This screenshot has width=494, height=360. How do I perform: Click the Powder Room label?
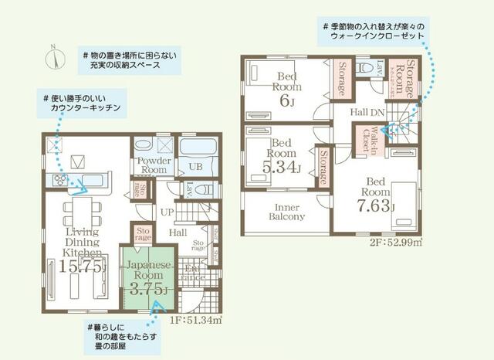[x=154, y=165]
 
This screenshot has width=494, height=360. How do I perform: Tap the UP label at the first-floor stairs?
[x=167, y=211]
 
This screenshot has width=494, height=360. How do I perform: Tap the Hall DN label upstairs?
[x=368, y=112]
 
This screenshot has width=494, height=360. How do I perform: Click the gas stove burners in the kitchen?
[x=61, y=181]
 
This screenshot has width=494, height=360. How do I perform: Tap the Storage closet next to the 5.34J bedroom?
[x=322, y=168]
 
